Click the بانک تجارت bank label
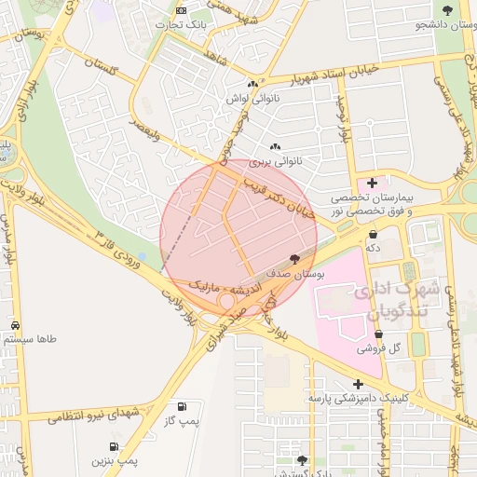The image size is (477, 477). [184, 23]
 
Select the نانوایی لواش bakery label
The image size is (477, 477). [252, 97]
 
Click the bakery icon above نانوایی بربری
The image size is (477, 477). [274, 147]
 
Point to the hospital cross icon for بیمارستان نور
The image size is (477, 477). [373, 183]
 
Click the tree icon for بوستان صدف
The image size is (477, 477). [295, 259]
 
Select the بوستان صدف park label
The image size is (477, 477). [295, 275]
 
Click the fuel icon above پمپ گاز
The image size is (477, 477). [181, 407]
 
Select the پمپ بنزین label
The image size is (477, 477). [115, 460]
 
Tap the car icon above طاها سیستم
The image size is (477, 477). [16, 324]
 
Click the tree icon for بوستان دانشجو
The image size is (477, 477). [448, 10]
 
